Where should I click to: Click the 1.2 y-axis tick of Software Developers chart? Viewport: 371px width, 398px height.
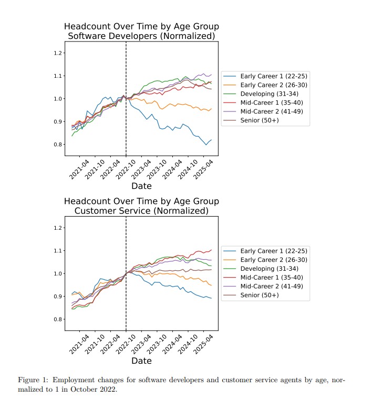click(x=58, y=53)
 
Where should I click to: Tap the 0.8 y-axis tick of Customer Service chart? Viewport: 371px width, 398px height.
click(x=58, y=319)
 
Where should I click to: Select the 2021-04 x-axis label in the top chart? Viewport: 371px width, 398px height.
click(x=79, y=169)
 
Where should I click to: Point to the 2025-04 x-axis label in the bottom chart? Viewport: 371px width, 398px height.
click(x=203, y=344)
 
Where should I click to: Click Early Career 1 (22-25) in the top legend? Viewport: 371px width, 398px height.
click(x=274, y=76)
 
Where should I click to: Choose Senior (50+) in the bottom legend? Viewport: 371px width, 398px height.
click(x=260, y=295)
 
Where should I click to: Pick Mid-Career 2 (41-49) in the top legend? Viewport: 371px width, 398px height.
click(x=272, y=111)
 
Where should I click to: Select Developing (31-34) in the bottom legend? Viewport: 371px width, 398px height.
click(x=270, y=269)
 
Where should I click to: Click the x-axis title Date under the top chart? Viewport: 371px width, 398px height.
click(x=141, y=186)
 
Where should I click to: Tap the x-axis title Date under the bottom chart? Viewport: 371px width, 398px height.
click(x=141, y=361)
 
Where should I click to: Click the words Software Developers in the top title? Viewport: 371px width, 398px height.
click(x=112, y=36)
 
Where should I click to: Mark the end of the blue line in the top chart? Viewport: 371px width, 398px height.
click(x=211, y=140)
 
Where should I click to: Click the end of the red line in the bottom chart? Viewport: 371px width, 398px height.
click(x=211, y=250)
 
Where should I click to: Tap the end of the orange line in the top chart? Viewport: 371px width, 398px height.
click(x=211, y=109)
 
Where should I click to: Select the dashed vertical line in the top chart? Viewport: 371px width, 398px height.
click(x=126, y=99)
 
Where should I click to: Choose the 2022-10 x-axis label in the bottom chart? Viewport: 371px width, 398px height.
click(x=126, y=344)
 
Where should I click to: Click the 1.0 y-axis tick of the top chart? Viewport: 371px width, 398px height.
click(x=58, y=99)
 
